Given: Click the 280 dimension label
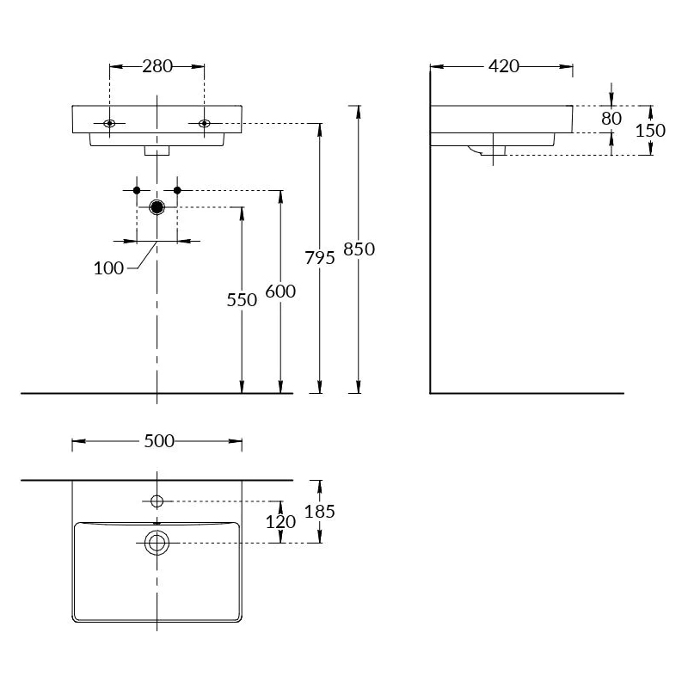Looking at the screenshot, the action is [x=157, y=66].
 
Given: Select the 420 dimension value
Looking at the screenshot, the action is [x=504, y=66].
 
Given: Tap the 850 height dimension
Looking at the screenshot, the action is [x=359, y=249].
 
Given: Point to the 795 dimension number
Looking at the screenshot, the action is [x=320, y=257].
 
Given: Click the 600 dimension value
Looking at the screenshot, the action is [x=280, y=291].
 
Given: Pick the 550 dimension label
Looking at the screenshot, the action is [x=242, y=299].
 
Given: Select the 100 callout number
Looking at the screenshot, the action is [x=109, y=268].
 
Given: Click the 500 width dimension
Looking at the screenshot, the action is [x=159, y=441].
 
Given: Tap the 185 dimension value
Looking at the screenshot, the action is [x=320, y=511].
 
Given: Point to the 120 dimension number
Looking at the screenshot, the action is [x=280, y=522].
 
